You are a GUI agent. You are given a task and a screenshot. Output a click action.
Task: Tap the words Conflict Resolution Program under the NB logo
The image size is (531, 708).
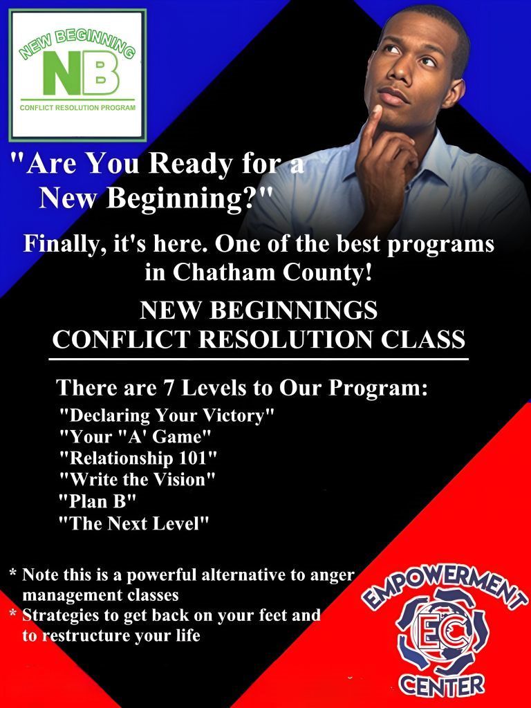77,108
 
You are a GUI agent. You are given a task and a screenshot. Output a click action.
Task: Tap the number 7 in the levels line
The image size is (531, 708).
169,388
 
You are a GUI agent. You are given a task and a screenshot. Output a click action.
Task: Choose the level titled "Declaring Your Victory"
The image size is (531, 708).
167,416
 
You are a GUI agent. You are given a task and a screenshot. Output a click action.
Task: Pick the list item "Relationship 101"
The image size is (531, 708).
138,458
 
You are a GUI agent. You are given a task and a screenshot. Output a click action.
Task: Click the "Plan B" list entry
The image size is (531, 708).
97,501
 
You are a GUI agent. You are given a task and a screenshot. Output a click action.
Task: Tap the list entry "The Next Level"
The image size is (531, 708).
135,524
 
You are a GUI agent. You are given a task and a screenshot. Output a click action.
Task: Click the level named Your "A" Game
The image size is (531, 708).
136,437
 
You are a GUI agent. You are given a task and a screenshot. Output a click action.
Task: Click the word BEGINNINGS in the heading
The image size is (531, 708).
293,310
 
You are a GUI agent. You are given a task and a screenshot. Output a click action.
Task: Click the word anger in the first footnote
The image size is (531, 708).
333,575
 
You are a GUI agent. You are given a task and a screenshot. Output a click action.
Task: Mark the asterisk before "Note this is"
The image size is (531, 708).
14,573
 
